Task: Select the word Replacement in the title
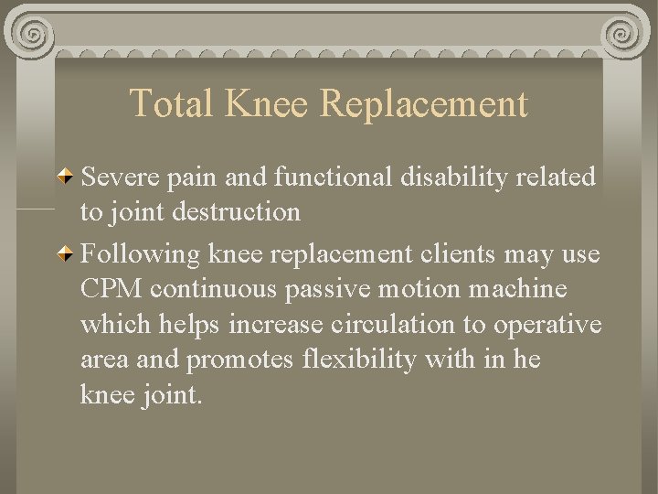pyautogui.click(x=424, y=103)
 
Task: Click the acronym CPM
pyautogui.click(x=111, y=288)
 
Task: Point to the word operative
pyautogui.click(x=547, y=325)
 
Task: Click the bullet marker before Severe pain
pyautogui.click(x=66, y=176)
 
